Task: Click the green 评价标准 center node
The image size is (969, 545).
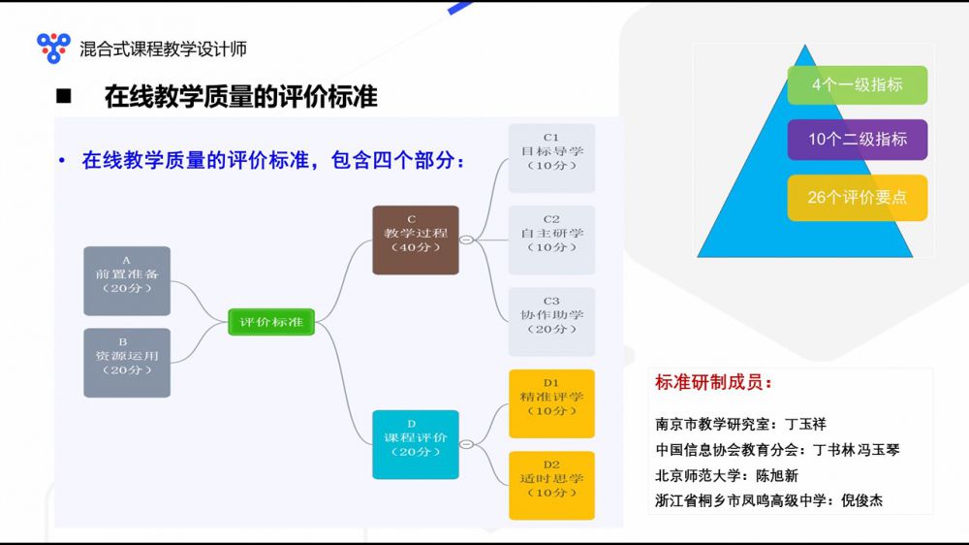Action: coord(271,322)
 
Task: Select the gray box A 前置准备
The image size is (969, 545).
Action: coord(127,281)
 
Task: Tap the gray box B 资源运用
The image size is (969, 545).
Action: coord(127,363)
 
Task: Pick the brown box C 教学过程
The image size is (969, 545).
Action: coord(416,240)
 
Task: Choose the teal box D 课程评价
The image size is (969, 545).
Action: coord(416,444)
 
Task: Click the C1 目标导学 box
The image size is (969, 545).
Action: coord(552,158)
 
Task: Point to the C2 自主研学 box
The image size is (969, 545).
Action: coord(552,240)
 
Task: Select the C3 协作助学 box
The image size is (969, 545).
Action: coord(552,322)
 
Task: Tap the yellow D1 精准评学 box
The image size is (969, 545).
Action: coord(552,404)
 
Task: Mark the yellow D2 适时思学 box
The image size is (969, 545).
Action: coord(552,486)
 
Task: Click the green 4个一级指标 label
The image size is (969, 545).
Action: coord(858,84)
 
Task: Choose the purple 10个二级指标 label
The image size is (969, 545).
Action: coord(858,140)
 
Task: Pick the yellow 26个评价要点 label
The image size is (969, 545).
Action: coord(858,197)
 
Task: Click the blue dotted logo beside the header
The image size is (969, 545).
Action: coord(53,48)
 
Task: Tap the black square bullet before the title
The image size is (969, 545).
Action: coord(64,97)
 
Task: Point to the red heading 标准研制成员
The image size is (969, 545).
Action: coord(713,382)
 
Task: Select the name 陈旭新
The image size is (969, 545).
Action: coord(777,476)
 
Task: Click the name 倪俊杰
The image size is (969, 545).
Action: coord(862,500)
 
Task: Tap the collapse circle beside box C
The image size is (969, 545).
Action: coord(467,240)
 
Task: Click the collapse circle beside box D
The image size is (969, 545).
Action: coord(467,444)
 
